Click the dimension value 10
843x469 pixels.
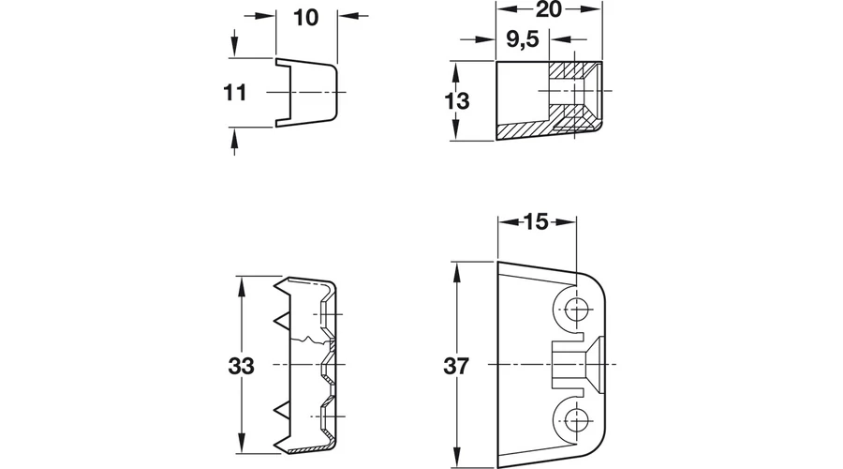tap(306, 18)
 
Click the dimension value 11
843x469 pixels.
tap(235, 93)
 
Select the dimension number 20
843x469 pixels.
tap(549, 9)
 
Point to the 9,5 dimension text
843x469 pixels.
tap(523, 39)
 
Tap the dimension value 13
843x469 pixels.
tap(457, 101)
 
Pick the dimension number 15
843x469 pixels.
tap(536, 222)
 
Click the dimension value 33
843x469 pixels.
tap(241, 366)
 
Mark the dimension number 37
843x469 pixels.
tap(456, 366)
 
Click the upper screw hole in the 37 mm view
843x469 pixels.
tap(576, 310)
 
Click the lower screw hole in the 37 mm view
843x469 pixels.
tap(576, 420)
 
